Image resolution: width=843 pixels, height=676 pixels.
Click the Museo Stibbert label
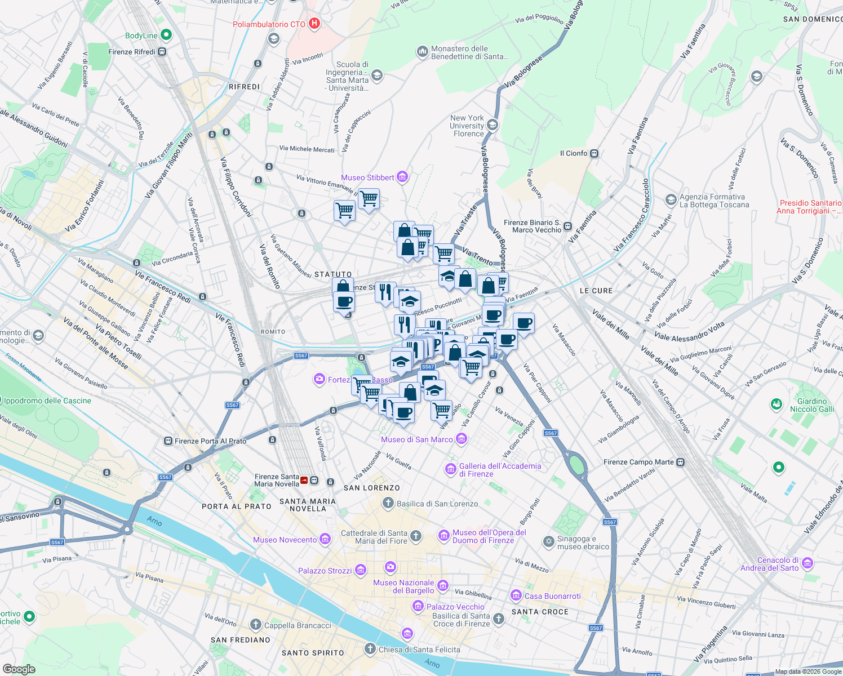[367, 177]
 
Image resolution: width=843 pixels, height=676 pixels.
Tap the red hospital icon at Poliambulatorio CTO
[314, 24]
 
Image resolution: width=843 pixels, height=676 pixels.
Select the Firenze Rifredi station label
[132, 52]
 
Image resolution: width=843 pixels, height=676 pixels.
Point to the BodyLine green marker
[166, 35]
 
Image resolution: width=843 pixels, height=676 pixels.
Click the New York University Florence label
[467, 126]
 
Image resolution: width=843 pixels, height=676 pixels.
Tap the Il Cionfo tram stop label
[574, 153]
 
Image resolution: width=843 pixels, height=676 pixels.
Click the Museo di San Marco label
[417, 439]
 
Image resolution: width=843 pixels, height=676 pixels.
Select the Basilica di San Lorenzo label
[437, 504]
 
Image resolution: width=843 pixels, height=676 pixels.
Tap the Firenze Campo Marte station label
[638, 462]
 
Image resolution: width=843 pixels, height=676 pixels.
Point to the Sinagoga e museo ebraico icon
[549, 542]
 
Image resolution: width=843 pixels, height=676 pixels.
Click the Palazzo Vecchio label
[455, 607]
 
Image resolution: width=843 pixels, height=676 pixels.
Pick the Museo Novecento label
[285, 540]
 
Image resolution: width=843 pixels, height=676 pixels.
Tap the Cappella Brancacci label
[298, 625]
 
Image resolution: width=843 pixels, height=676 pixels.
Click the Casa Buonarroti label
[552, 596]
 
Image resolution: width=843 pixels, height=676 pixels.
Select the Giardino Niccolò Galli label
[812, 405]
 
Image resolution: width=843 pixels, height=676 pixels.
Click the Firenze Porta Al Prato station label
[210, 441]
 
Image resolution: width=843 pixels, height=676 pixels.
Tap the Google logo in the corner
[19, 669]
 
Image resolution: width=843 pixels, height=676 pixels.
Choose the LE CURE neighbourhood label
[596, 291]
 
